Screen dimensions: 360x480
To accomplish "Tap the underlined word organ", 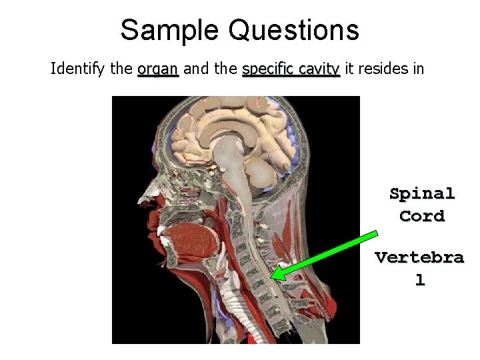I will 158,69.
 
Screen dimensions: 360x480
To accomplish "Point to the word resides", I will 382,69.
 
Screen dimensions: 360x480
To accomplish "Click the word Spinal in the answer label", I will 422,194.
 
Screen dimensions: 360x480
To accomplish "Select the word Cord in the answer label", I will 422,216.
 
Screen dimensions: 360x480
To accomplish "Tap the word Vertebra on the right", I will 419,257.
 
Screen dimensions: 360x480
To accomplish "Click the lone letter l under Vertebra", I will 419,280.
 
